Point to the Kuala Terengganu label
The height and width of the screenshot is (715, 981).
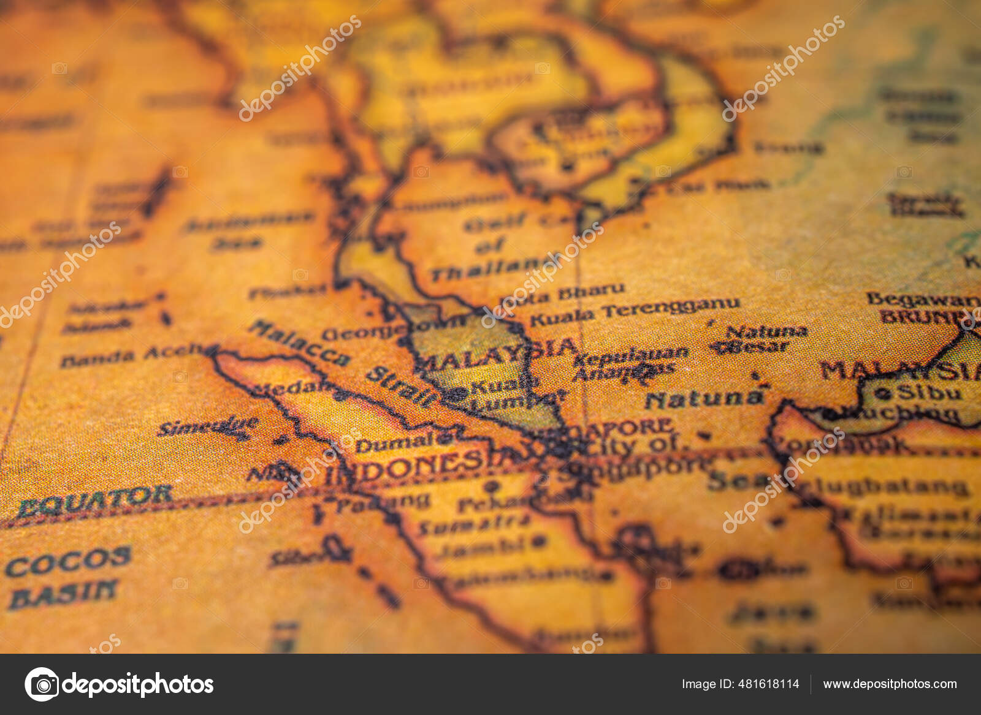(x=635, y=312)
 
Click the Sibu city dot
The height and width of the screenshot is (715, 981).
(x=883, y=394)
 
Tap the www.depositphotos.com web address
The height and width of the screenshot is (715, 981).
(x=890, y=684)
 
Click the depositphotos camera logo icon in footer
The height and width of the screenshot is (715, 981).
(x=42, y=684)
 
